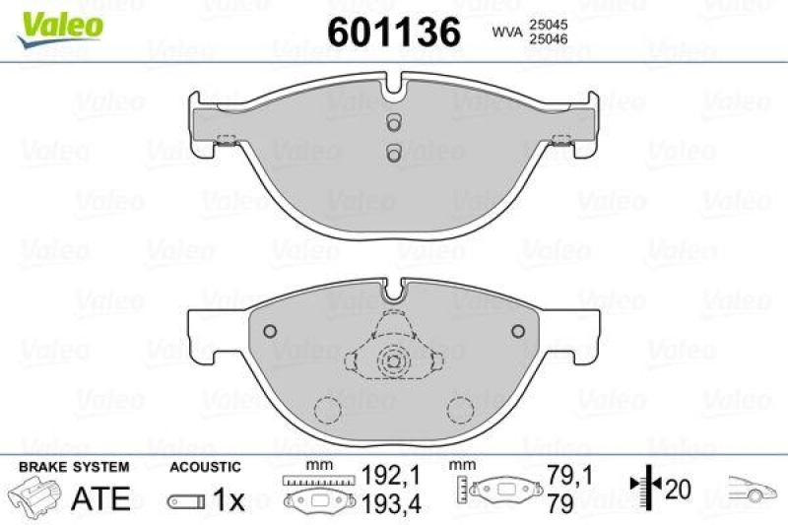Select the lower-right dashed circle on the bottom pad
click(x=460, y=409)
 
